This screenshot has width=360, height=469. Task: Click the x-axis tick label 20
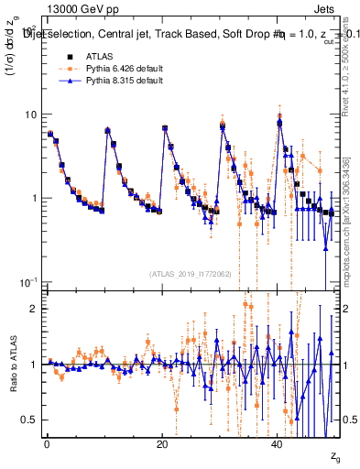coord(162,444)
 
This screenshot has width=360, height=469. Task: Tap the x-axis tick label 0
coord(47,444)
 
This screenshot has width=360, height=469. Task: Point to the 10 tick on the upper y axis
coord(30,115)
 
